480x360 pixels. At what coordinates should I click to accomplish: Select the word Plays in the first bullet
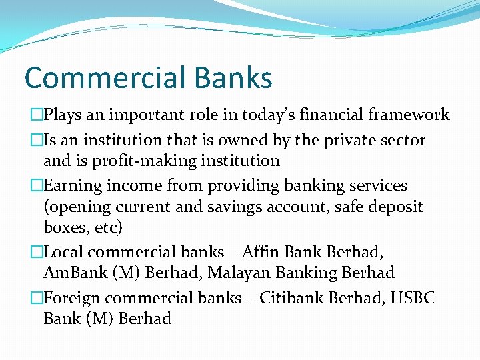[x=64, y=115]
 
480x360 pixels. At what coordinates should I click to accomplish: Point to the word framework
[x=410, y=115]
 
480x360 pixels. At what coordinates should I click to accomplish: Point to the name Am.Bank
[x=69, y=273]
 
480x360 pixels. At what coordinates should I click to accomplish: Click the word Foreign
[x=71, y=298]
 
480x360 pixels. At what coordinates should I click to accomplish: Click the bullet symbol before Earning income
[x=37, y=186]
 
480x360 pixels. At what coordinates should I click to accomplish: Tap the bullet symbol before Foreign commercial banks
[x=37, y=299]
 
